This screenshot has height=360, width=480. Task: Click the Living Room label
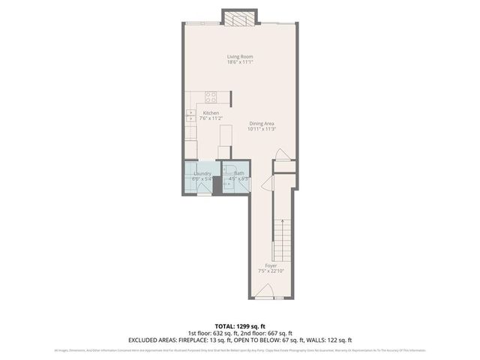coord(240,56)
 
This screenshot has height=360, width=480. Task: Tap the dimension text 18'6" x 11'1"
coord(240,62)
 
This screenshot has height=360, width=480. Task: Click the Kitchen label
coord(211,112)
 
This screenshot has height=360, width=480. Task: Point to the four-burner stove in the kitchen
coord(211,97)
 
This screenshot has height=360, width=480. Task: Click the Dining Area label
coord(262,124)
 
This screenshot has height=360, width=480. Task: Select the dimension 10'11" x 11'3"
coord(262,129)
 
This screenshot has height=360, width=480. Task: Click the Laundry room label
coord(202,173)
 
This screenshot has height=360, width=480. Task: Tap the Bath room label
coord(238,173)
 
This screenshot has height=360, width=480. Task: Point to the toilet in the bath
coord(233,168)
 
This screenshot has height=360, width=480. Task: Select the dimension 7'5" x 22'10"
coord(271,271)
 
